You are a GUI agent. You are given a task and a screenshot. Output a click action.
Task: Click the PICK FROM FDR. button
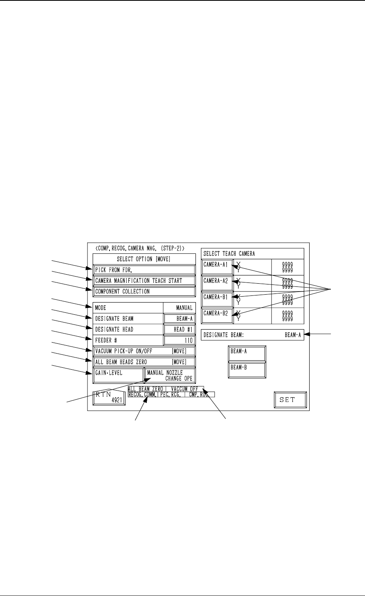(x=144, y=270)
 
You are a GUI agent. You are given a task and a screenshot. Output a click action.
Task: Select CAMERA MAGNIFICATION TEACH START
(x=144, y=281)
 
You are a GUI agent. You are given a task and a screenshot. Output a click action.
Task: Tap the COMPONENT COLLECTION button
(x=144, y=292)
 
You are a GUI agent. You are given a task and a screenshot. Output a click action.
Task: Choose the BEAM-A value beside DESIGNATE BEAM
(x=179, y=319)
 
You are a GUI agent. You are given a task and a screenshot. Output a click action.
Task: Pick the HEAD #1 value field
(x=179, y=329)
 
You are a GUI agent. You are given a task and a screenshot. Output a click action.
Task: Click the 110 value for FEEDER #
(x=179, y=340)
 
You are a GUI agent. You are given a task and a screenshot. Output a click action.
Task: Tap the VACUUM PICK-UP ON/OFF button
(x=144, y=351)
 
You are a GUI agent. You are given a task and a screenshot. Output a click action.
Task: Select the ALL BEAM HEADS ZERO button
(x=144, y=362)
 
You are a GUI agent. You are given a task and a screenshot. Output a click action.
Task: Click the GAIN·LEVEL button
(x=118, y=375)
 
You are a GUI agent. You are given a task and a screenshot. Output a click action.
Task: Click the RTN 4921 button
(x=109, y=398)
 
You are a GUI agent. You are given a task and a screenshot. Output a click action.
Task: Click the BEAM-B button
(x=247, y=370)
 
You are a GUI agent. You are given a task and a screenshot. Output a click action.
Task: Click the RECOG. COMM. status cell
(x=142, y=394)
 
